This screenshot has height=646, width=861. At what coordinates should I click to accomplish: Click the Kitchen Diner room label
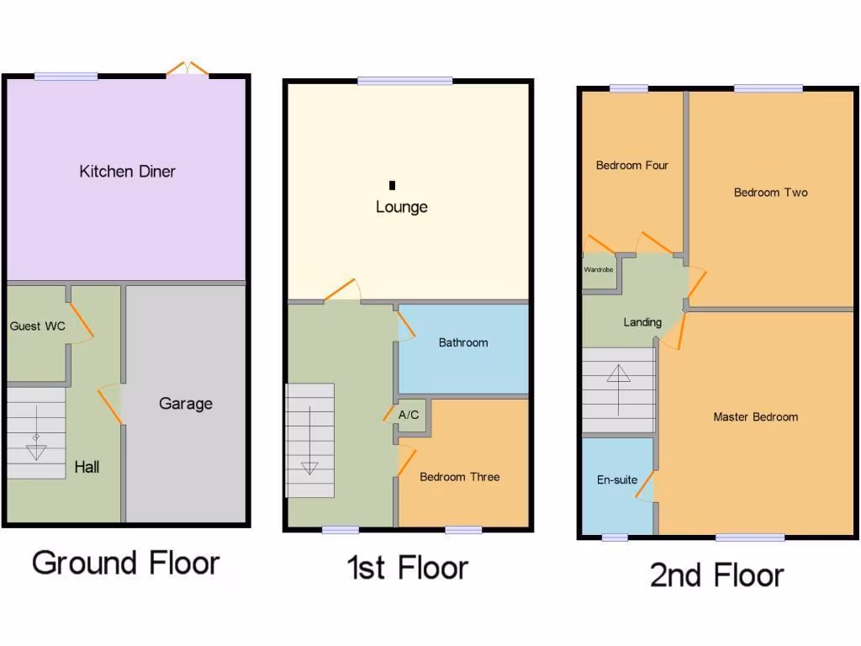coord(128,172)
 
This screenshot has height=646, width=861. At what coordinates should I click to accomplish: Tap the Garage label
coord(186,404)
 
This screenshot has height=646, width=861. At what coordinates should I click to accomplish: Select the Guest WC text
coord(37,326)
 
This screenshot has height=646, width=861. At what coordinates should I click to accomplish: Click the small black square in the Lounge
coord(392,186)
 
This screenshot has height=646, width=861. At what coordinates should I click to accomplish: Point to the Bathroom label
coord(463,343)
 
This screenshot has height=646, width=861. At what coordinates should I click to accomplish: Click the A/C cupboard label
coord(409,415)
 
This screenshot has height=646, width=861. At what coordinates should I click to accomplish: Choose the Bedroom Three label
coord(460,477)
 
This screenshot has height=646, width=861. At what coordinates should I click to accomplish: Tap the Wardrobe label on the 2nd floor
coord(599,270)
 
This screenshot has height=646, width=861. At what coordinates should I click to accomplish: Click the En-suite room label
coord(617,480)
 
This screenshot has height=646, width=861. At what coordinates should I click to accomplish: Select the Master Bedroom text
coord(756,417)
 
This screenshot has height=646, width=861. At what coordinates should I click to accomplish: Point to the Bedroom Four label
coord(632,166)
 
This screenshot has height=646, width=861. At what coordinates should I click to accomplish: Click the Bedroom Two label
coord(771,193)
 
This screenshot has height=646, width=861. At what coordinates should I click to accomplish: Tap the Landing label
coord(642,322)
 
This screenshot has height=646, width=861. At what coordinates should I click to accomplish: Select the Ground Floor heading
coord(126,563)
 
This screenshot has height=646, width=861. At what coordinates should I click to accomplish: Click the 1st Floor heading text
coord(408,568)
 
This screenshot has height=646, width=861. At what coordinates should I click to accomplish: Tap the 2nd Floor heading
coord(717,575)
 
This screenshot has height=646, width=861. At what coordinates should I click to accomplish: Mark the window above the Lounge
coord(405,81)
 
